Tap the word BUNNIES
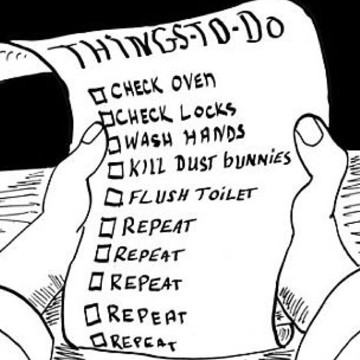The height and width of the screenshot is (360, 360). (x=258, y=160)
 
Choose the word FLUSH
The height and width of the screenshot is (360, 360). (x=160, y=197)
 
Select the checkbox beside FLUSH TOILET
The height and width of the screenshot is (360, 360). (x=114, y=197)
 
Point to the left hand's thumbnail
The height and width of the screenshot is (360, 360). (x=93, y=134)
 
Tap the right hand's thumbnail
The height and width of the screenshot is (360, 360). (x=309, y=131)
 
